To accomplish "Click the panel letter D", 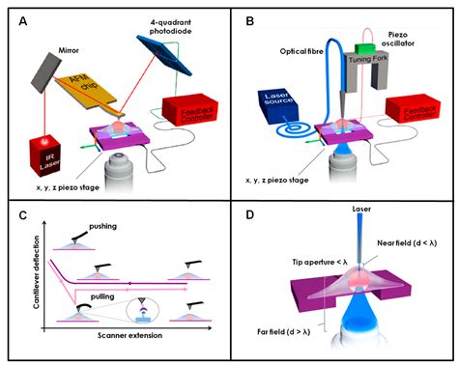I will point(251,214).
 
